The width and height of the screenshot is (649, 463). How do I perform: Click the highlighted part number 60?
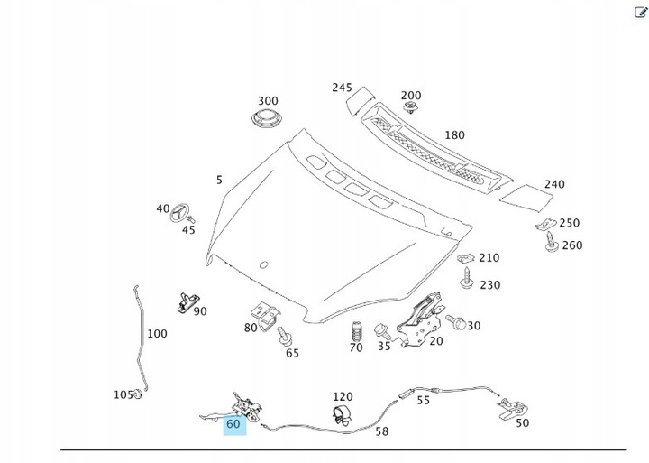234,423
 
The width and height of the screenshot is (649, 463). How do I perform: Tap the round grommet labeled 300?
268,122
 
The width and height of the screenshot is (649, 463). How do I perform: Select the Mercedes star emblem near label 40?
180,214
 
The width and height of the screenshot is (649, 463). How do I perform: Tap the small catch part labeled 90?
187,301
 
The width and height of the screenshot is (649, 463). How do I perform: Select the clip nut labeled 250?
544,224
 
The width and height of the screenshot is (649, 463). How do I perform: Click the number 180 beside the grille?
455,135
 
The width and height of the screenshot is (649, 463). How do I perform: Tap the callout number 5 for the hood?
219,181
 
